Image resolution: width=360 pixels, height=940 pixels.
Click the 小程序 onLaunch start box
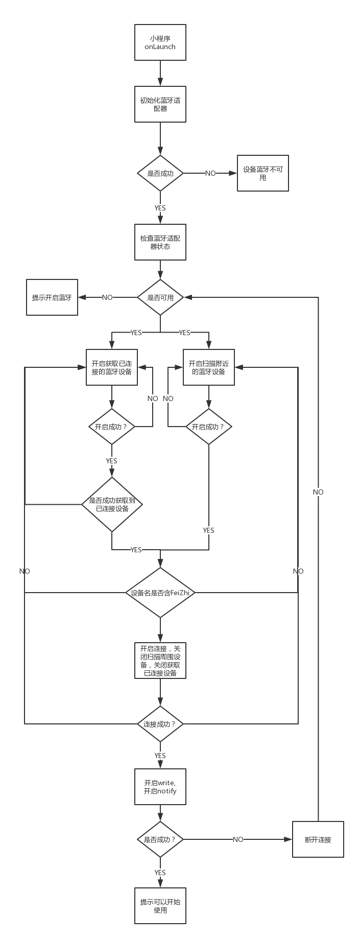(160, 42)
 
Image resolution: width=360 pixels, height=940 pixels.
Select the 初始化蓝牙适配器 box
(160, 104)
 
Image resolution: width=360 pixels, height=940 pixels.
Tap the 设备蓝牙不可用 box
(262, 173)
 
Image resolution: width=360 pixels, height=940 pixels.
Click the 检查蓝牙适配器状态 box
(160, 242)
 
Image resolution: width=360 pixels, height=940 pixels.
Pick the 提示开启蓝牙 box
(52, 297)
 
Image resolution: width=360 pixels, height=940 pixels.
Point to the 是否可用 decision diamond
(160, 297)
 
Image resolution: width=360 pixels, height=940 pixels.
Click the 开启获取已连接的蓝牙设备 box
(111, 367)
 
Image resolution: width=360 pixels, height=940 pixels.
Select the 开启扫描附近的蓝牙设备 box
(209, 367)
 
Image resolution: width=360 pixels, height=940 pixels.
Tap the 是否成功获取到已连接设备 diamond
(112, 504)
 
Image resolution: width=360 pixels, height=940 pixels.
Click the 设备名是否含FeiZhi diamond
(160, 593)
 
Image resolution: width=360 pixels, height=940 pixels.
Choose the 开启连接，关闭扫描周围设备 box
(160, 660)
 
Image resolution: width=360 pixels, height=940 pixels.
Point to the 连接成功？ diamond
(160, 724)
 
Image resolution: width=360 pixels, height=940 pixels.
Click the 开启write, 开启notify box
(160, 787)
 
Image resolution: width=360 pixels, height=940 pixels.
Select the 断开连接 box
(318, 839)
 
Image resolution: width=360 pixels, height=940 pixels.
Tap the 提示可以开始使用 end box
(160, 906)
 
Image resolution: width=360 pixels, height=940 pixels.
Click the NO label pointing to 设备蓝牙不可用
(210, 173)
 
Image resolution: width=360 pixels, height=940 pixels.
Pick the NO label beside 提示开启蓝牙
(107, 297)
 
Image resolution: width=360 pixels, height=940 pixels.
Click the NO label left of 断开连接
(238, 839)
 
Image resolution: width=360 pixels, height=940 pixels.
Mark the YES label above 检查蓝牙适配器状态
(160, 208)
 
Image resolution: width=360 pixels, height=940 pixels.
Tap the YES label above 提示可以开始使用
(160, 873)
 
